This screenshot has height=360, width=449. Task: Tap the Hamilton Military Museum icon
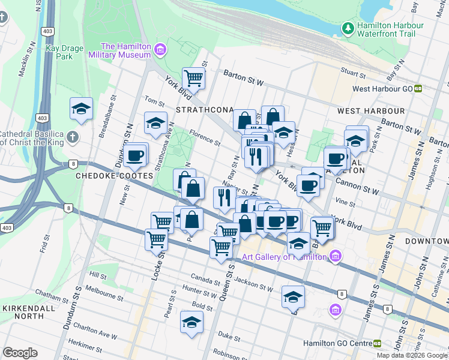pyautogui.click(x=160, y=50)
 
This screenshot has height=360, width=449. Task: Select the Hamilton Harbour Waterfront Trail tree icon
pyautogui.click(x=347, y=28)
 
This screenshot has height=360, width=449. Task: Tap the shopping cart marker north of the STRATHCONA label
pyautogui.click(x=193, y=77)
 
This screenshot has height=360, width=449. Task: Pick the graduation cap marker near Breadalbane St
pyautogui.click(x=80, y=109)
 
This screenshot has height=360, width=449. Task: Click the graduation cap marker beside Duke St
pyautogui.click(x=191, y=322)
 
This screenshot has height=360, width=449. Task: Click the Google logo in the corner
pyautogui.click(x=19, y=353)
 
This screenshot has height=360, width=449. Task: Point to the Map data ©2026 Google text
pyautogui.click(x=411, y=355)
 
